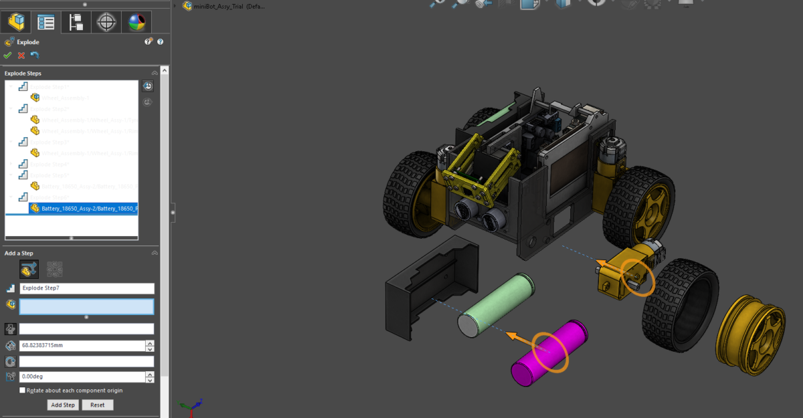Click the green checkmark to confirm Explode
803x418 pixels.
click(x=7, y=56)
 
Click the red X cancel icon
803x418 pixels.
click(x=21, y=56)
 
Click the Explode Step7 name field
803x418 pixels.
click(x=86, y=289)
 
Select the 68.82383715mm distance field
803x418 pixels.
click(x=82, y=346)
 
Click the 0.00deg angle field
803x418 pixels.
click(x=82, y=377)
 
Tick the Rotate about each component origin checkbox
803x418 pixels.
click(x=23, y=391)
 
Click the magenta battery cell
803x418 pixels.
click(x=549, y=353)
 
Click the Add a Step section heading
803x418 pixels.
click(x=19, y=253)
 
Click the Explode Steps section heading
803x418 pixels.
click(x=23, y=73)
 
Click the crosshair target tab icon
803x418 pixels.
click(x=106, y=23)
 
